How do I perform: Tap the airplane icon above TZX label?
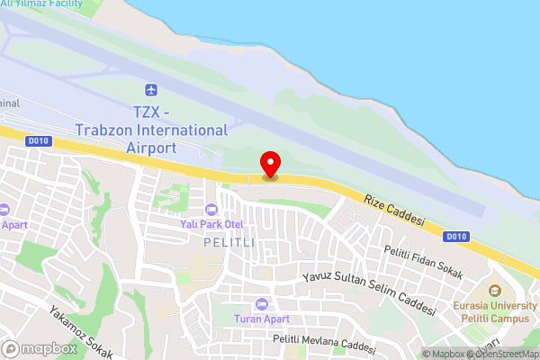151,91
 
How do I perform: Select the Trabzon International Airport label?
151,130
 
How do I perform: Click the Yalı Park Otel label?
212,224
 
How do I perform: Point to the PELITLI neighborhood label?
229,243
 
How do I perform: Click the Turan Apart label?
261,319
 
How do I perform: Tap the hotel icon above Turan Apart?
261,303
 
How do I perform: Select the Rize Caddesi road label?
393,211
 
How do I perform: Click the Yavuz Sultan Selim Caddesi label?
369,293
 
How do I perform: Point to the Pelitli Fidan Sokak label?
422,261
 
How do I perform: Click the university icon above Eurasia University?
494,291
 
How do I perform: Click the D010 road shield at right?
456,237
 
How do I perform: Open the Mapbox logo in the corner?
40,348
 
